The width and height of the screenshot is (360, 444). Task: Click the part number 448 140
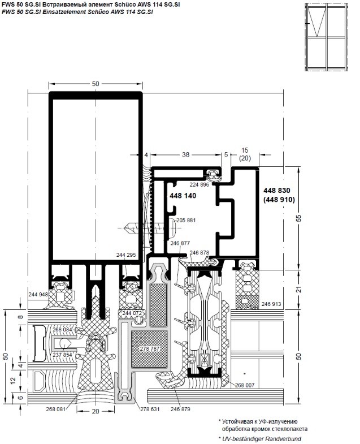(x=183, y=196)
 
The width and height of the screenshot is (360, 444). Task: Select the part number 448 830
(x=277, y=190)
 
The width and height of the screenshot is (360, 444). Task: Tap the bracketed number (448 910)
(x=279, y=200)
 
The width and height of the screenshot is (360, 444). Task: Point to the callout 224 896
(x=199, y=184)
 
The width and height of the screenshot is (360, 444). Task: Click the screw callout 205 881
(x=186, y=220)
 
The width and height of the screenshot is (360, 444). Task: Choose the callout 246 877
(x=180, y=243)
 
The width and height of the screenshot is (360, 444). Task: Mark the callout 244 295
(x=126, y=255)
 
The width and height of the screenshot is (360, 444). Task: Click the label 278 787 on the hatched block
(x=150, y=349)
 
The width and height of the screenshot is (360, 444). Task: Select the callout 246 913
(x=271, y=304)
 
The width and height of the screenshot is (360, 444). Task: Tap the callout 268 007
(x=245, y=385)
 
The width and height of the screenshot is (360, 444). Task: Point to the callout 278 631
(x=150, y=409)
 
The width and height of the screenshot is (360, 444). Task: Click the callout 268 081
(x=56, y=409)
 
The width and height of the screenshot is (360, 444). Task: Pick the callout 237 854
(x=62, y=355)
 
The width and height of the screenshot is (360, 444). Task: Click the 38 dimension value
(x=186, y=154)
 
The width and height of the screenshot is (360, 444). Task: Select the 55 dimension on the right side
(x=299, y=218)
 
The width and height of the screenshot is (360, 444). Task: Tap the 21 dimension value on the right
(x=299, y=290)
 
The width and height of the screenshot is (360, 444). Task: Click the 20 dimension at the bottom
(x=96, y=411)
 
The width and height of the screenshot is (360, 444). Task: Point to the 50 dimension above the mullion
(x=96, y=84)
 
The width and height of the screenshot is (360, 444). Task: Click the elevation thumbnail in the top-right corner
(x=326, y=37)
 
